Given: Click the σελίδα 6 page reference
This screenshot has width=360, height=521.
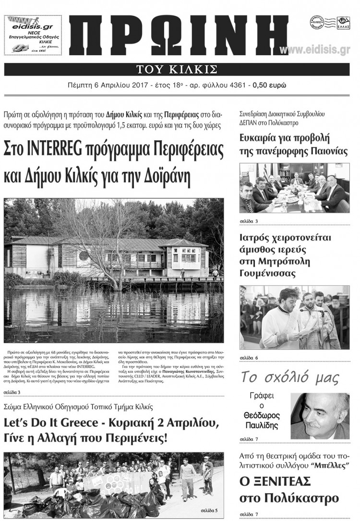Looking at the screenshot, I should tap(249, 358).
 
